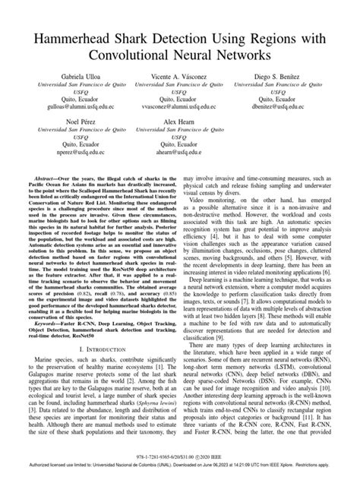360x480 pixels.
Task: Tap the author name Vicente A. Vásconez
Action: (x=180, y=78)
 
